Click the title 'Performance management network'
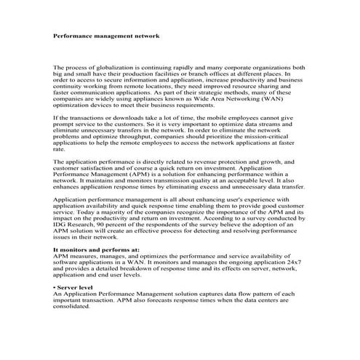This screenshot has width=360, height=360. (107, 35)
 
